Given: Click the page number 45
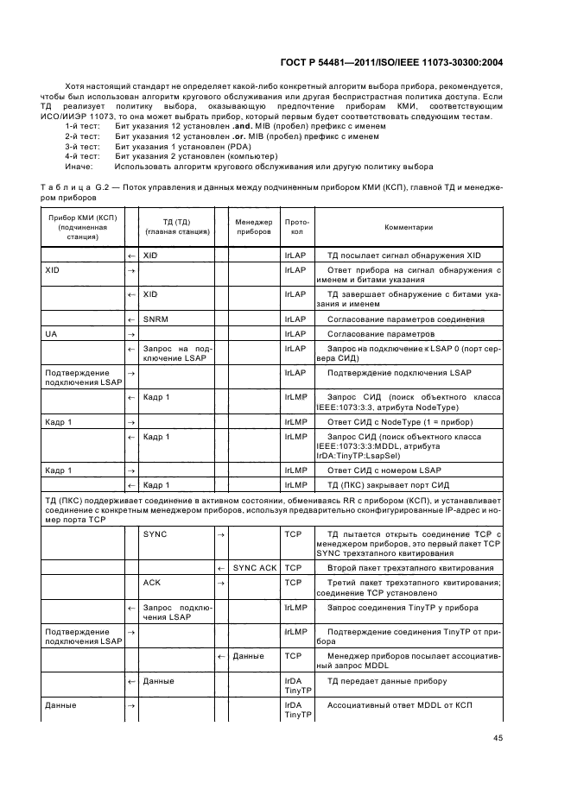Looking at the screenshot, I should [x=498, y=737].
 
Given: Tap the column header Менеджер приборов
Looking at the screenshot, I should [x=253, y=227].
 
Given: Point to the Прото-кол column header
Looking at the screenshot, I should [x=296, y=227].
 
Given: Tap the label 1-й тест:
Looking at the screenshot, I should [x=83, y=126].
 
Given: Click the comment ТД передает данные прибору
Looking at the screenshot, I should [x=386, y=681].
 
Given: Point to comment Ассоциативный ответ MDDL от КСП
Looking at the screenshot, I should [x=402, y=705].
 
